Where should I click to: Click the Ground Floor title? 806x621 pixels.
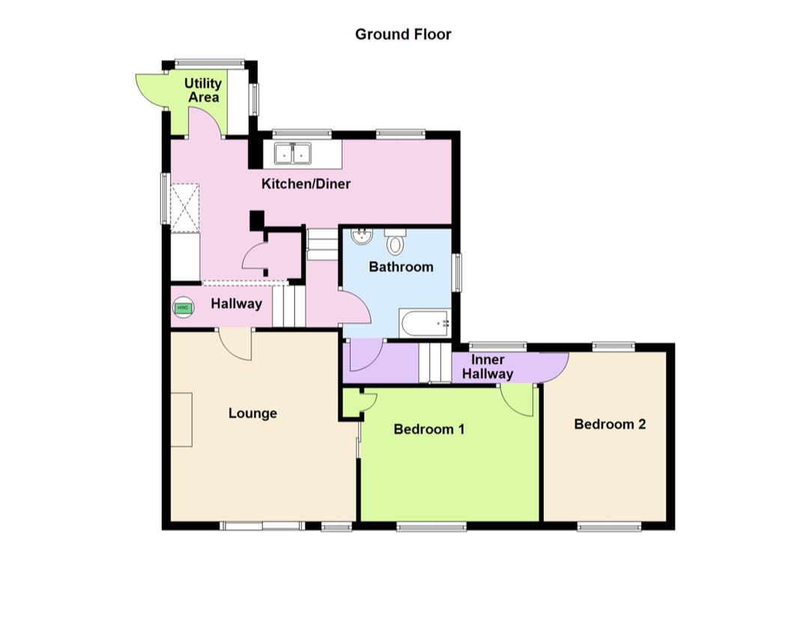403,34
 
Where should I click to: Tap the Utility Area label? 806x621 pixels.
203,90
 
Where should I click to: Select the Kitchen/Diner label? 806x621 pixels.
306,183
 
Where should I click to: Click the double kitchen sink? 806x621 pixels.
293,153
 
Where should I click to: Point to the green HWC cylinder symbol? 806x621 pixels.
182,307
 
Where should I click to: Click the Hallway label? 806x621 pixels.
236,304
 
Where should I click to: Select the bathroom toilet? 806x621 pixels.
396,242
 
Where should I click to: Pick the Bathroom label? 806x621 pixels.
401,266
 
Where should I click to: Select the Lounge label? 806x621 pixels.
252,413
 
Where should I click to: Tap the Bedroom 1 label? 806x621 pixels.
429,429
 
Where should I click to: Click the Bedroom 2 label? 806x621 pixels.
610,424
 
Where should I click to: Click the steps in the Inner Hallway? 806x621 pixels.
435,364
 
